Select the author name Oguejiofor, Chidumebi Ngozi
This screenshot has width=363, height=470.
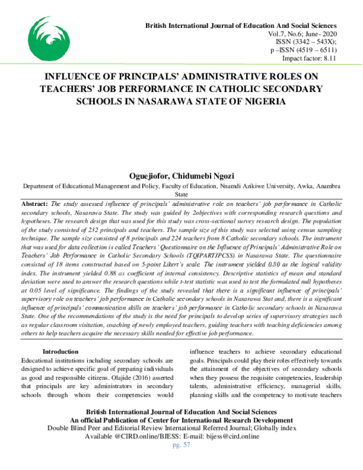coord(181,175)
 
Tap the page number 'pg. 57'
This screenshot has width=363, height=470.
coord(181,445)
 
